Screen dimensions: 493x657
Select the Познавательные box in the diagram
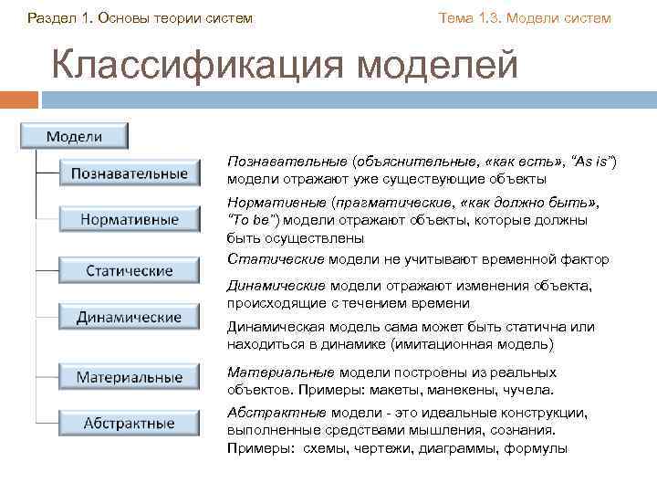pos(130,173)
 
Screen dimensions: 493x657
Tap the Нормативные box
pos(130,219)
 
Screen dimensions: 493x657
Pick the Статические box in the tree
pos(130,271)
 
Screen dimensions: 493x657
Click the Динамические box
pos(130,318)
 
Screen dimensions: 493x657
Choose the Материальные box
pos(130,376)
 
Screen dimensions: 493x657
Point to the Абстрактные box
pos(130,423)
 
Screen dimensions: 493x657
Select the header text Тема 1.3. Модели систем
pos(525,18)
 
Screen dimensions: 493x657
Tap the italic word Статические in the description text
pos(268,259)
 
